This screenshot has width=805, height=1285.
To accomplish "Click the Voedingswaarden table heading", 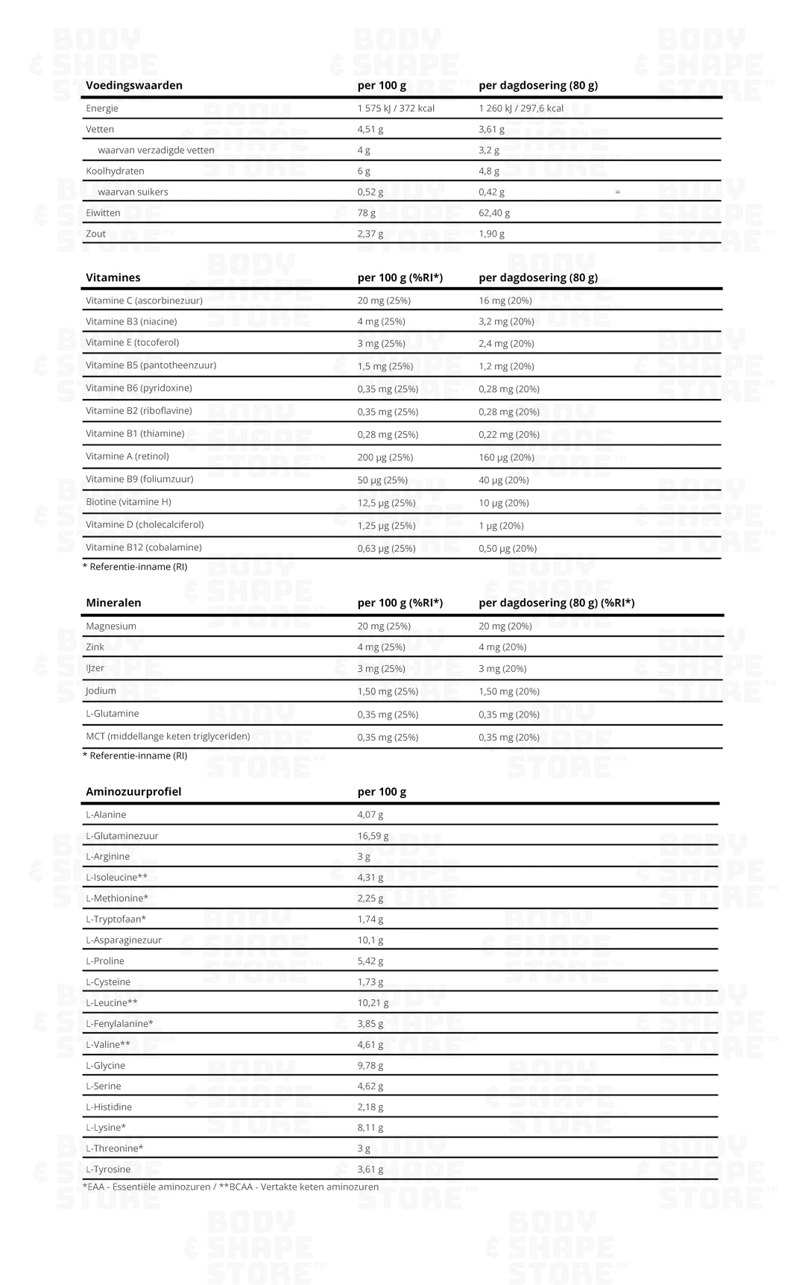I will (134, 86).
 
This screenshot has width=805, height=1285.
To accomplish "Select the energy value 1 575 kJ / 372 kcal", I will (396, 108).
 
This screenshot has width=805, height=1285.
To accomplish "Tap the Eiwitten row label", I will (103, 213).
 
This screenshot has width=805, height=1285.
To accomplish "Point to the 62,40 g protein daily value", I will (494, 213).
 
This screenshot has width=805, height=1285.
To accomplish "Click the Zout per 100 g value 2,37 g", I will (370, 233).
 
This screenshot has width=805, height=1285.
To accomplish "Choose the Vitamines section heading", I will (113, 277).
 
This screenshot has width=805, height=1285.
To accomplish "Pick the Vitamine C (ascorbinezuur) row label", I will (144, 301).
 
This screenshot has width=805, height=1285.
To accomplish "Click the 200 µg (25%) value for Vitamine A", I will (385, 457).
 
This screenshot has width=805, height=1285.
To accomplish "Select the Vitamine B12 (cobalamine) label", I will (144, 547).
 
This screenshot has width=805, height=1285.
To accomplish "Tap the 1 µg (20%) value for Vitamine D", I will (501, 526).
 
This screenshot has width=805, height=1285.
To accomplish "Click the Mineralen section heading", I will (113, 603).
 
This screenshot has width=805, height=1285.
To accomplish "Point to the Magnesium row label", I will (111, 626).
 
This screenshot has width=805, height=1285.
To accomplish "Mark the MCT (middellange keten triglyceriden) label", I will (168, 737).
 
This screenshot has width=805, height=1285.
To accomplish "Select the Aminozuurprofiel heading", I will (133, 791).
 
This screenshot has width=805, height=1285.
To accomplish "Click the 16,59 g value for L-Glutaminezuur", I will (373, 836).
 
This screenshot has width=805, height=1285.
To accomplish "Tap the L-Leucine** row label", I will (112, 1002).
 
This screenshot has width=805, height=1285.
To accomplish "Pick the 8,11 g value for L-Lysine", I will (370, 1128).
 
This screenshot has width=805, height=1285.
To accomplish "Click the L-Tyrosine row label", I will (108, 1169).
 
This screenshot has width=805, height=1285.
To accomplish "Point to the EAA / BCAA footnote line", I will (230, 1187).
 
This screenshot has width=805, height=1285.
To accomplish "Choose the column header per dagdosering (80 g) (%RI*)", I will (556, 603).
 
